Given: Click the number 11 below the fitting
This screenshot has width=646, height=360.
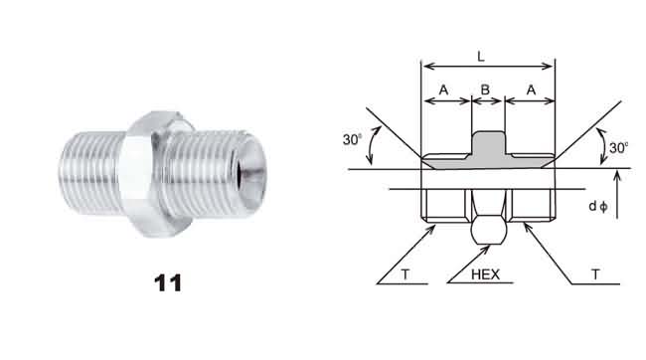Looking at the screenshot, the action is pyautogui.click(x=168, y=282).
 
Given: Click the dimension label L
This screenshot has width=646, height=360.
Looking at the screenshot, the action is pyautogui.click(x=481, y=57).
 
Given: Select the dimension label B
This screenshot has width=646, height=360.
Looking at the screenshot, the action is pyautogui.click(x=485, y=90).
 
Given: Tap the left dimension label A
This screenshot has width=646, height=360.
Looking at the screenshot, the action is pyautogui.click(x=443, y=90).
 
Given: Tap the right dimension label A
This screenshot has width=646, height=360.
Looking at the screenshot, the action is pyautogui.click(x=531, y=90).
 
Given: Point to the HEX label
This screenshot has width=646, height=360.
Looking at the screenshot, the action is pyautogui.click(x=485, y=274).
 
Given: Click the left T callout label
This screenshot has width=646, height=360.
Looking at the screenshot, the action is pyautogui.click(x=405, y=274).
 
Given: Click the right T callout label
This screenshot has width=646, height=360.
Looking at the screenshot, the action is pyautogui.click(x=595, y=274).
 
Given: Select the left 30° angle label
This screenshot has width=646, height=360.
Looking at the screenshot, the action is pyautogui.click(x=352, y=139).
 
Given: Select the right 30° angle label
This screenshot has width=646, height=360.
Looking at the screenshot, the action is pyautogui.click(x=618, y=147).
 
